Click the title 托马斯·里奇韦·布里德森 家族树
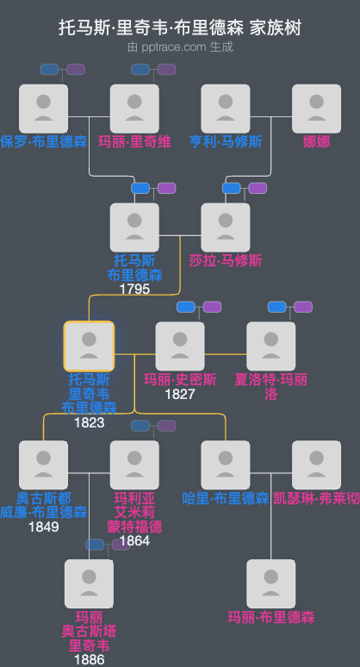[x=180, y=28]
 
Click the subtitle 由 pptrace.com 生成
[x=180, y=47]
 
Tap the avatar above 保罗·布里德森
[x=43, y=109]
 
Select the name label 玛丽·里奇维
[x=133, y=141]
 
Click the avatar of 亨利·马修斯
[x=226, y=109]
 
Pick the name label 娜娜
[x=316, y=141]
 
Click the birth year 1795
[x=134, y=289]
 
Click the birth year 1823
[x=89, y=422]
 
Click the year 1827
[x=180, y=394]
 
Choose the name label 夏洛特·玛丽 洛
[x=271, y=386]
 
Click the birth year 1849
[x=43, y=527]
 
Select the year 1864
[x=134, y=540]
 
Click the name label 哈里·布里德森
[x=226, y=498]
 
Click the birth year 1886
[x=89, y=659]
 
